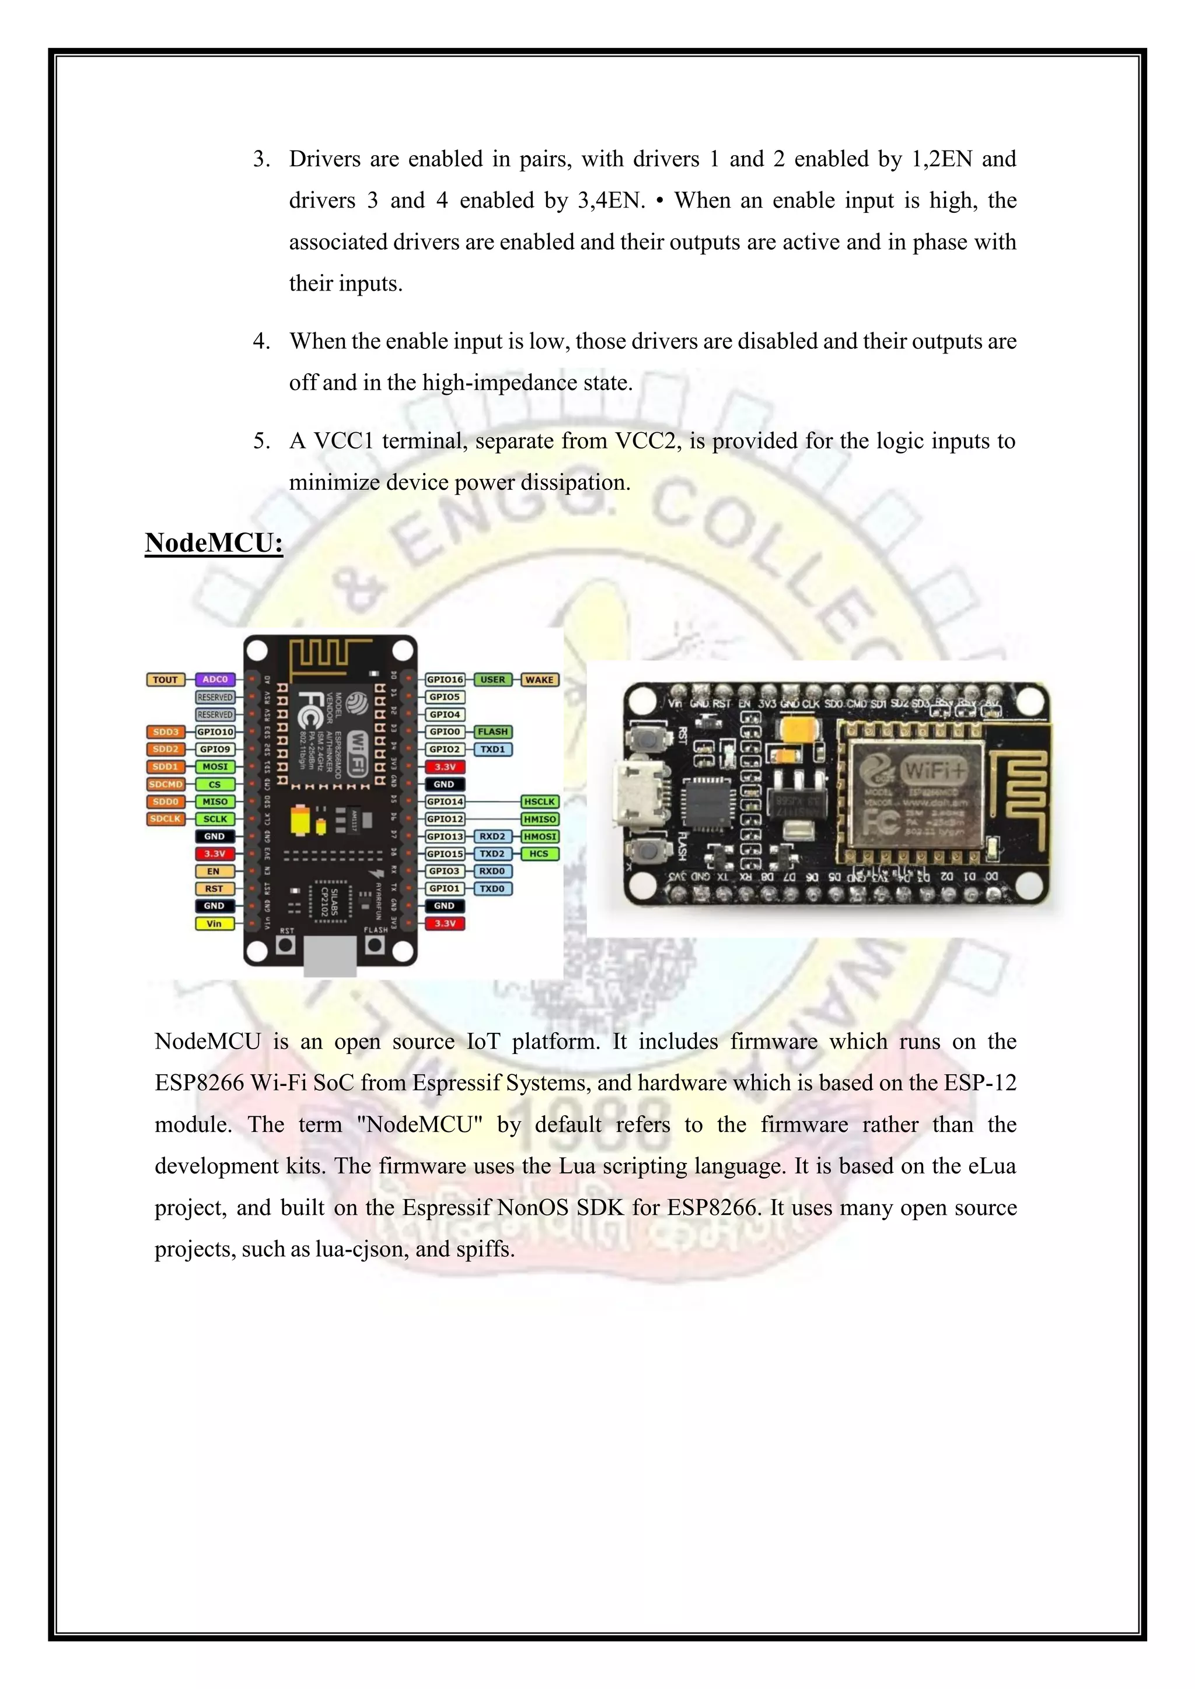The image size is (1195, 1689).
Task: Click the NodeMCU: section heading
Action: pos(214,543)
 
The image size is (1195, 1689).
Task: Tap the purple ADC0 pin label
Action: pos(215,679)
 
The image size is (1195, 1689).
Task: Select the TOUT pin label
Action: pos(166,679)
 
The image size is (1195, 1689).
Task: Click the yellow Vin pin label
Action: pos(214,923)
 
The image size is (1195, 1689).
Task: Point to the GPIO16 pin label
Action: pos(445,679)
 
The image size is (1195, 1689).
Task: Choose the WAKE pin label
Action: pos(539,679)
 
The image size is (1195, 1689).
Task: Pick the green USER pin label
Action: pos(492,679)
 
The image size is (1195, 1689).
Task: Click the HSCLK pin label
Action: pos(539,802)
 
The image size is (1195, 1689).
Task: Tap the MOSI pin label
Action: pos(215,766)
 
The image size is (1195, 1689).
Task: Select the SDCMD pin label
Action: pos(166,784)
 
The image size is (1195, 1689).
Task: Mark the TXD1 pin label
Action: pos(492,749)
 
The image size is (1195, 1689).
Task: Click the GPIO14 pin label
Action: pos(445,802)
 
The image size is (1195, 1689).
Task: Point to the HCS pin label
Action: pos(539,854)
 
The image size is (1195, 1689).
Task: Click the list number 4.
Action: pos(260,341)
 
